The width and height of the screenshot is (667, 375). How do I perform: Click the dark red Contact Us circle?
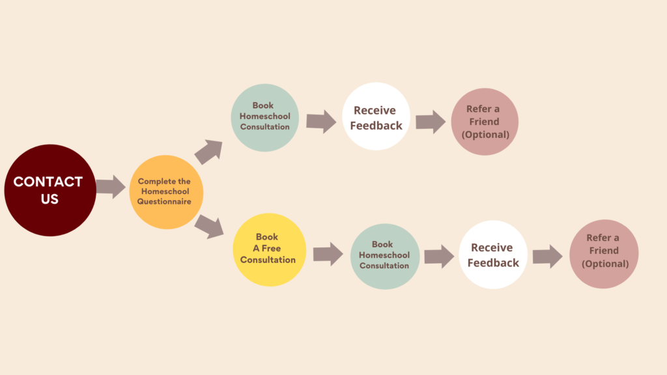(x=50, y=190)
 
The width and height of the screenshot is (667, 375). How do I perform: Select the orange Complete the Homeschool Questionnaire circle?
(x=165, y=192)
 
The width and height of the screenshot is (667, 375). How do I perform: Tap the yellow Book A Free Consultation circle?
(x=268, y=249)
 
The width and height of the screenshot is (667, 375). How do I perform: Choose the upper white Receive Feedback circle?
(x=376, y=117)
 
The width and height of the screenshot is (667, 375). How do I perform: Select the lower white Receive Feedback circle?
(x=493, y=255)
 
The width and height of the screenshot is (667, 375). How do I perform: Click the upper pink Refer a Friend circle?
(x=484, y=122)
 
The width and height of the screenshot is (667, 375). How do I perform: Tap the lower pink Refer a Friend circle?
(x=604, y=254)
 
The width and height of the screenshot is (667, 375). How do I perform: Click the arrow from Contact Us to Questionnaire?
(x=111, y=187)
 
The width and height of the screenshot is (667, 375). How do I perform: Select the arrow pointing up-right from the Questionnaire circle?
(x=208, y=152)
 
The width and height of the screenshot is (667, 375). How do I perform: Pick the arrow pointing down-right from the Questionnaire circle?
(x=209, y=225)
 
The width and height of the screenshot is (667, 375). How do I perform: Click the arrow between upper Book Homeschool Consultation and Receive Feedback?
(x=321, y=121)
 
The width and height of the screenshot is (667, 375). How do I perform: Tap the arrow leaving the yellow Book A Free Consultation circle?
(x=328, y=254)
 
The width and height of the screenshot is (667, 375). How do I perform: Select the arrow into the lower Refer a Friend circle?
(x=547, y=257)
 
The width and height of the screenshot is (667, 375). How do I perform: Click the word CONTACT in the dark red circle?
(x=48, y=182)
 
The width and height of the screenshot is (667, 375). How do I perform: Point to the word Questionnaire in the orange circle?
(x=164, y=202)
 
